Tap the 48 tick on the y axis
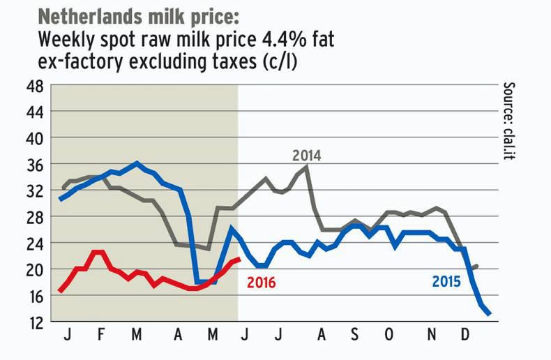pyautogui.click(x=33, y=87)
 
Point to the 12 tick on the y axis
pyautogui.click(x=33, y=322)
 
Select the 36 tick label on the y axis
pyautogui.click(x=33, y=165)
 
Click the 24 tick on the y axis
pyautogui.click(x=33, y=243)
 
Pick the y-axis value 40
pyautogui.click(x=33, y=139)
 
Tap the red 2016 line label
pyautogui.click(x=261, y=283)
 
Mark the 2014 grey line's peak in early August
pyautogui.click(x=307, y=167)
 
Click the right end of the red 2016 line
pyautogui.click(x=239, y=260)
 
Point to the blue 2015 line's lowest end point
pyautogui.click(x=489, y=314)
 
